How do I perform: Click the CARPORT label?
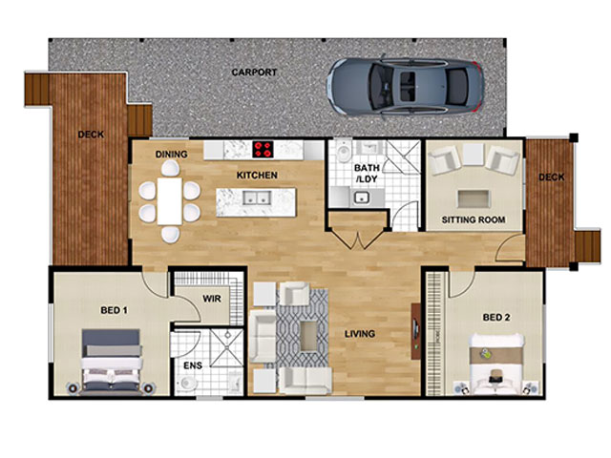(254, 73)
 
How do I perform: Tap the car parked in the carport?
(405, 87)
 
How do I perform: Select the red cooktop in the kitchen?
(263, 149)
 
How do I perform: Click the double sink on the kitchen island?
(257, 198)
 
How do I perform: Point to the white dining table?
(170, 201)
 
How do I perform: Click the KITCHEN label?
(257, 176)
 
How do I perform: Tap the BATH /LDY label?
(367, 174)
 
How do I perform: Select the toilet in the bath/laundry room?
(344, 151)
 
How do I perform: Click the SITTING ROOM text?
(474, 219)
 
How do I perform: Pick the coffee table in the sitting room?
(473, 198)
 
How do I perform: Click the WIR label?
(212, 299)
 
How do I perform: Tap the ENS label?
(193, 365)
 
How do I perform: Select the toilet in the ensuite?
(189, 383)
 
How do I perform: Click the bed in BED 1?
(112, 362)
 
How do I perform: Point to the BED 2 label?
(496, 318)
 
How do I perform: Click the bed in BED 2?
(495, 364)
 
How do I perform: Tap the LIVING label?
(360, 334)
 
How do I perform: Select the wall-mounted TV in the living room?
(416, 331)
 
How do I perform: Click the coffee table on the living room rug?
(309, 337)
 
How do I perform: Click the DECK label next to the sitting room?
(552, 177)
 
